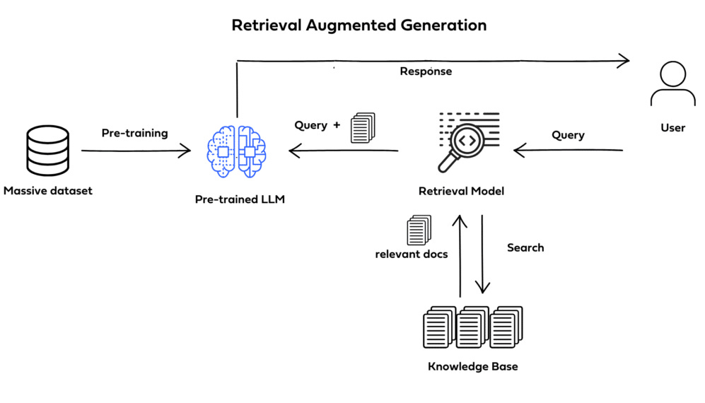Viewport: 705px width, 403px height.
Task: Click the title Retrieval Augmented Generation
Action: [x=359, y=25]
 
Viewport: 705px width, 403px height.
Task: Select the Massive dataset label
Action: [x=47, y=191]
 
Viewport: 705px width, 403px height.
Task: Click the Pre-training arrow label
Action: [x=134, y=133]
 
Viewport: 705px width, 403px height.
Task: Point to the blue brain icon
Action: [x=236, y=151]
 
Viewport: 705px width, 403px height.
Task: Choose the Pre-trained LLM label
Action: [x=240, y=200]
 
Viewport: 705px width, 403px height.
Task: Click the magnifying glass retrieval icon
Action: [x=467, y=141]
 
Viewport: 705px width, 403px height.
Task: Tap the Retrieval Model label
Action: [x=461, y=192]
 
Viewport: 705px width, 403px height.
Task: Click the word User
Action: [x=672, y=128]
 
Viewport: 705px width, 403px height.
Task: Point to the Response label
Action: [x=426, y=71]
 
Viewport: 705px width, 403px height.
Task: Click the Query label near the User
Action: [x=568, y=135]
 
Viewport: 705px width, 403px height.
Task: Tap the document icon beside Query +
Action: [x=363, y=129]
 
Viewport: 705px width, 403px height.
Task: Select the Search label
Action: [x=525, y=248]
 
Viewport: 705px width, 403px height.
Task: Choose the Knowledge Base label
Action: [x=472, y=367]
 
